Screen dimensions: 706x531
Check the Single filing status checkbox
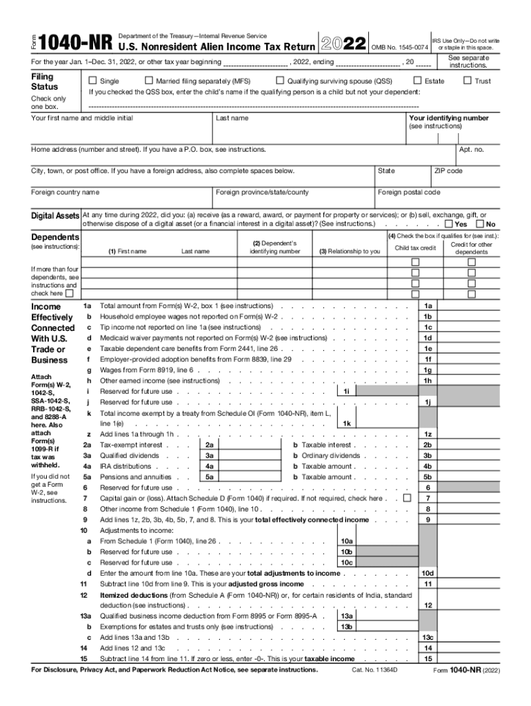point(94,81)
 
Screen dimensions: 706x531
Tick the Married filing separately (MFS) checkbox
point(149,81)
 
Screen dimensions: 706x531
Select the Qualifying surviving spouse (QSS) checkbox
point(280,81)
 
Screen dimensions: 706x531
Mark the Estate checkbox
point(417,81)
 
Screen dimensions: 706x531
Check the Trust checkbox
point(468,81)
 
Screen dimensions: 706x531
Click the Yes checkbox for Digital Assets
point(449,224)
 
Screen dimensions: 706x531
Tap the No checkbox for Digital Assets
point(480,224)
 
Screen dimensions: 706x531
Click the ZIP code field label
point(448,171)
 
